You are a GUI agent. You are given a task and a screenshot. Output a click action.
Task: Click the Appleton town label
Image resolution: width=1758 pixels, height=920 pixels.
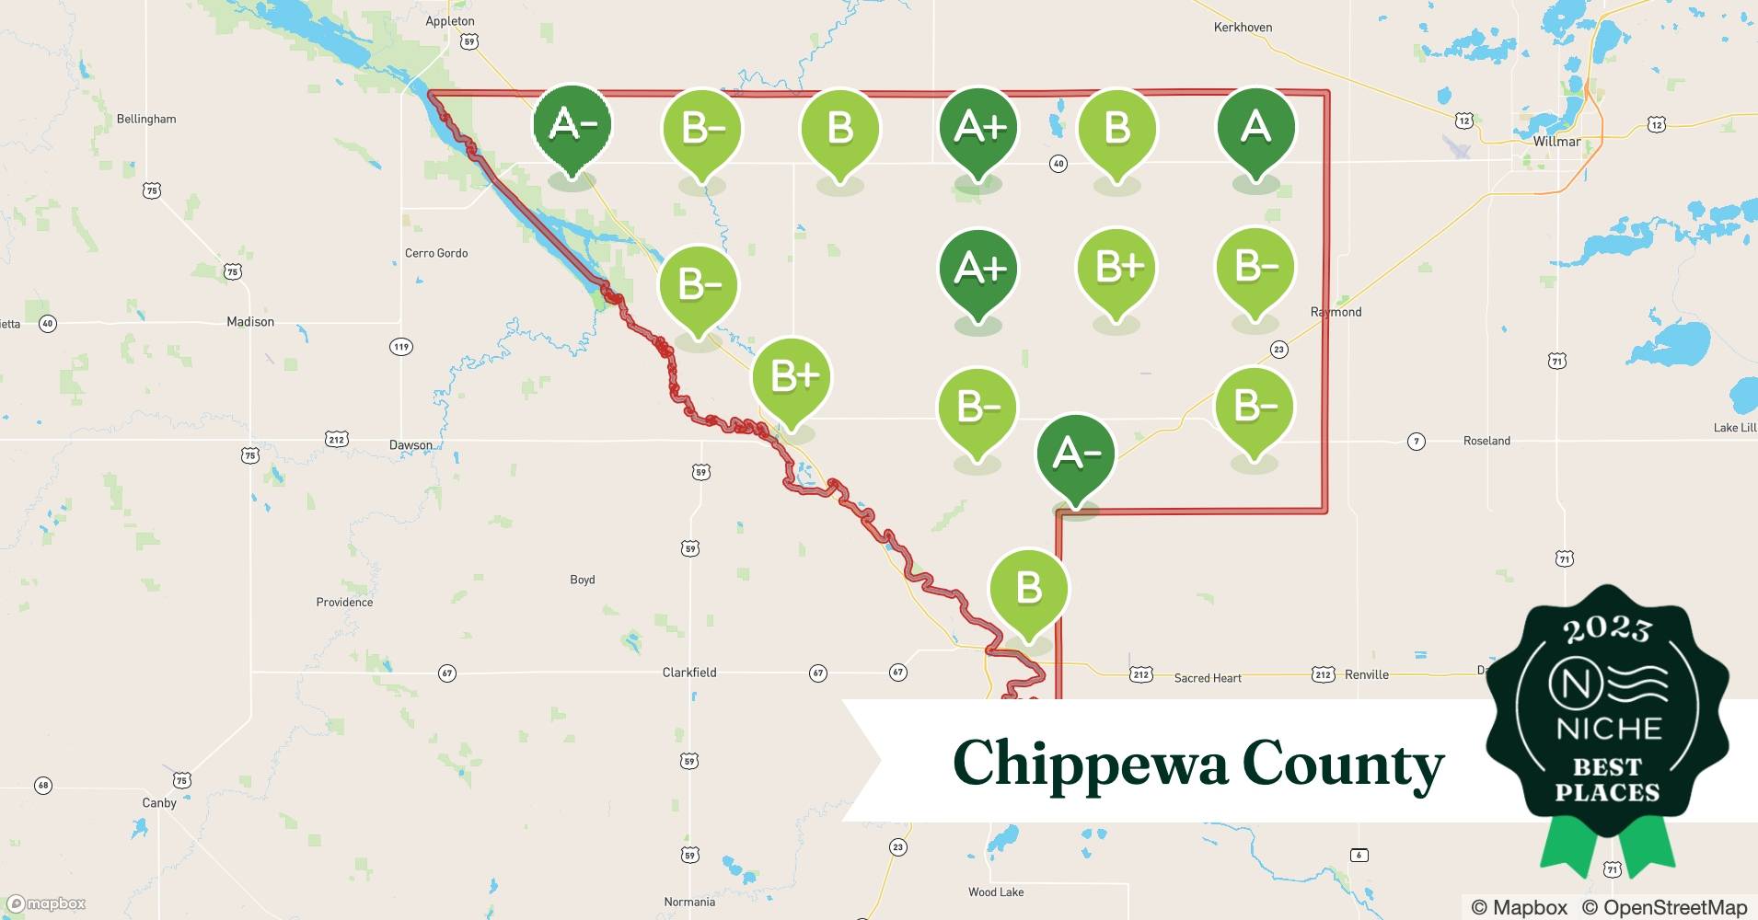click(x=450, y=21)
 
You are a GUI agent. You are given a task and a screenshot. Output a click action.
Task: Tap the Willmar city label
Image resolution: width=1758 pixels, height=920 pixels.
click(x=1556, y=142)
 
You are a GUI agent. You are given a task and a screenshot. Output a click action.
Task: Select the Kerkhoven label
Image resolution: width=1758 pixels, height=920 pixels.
click(x=1243, y=28)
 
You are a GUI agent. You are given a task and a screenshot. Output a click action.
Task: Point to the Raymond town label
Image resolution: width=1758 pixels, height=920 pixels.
click(x=1336, y=312)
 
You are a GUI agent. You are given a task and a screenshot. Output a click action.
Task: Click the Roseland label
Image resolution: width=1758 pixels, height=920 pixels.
click(x=1486, y=441)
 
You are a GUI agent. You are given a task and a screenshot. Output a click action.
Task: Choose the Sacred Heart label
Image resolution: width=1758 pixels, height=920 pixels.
click(x=1208, y=678)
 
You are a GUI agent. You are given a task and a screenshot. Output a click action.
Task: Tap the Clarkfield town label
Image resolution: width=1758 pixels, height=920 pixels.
click(x=689, y=673)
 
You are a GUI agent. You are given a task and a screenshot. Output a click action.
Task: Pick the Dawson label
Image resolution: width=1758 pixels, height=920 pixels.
click(x=411, y=445)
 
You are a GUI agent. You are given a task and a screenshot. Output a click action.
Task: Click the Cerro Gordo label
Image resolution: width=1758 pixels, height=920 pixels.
click(x=436, y=253)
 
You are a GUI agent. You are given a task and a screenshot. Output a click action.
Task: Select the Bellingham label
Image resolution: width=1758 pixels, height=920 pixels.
click(x=146, y=119)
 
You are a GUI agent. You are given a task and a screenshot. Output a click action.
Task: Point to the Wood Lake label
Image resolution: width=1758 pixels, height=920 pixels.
click(x=996, y=891)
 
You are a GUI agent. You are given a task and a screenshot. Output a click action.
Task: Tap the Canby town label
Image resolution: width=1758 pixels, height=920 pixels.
click(x=159, y=802)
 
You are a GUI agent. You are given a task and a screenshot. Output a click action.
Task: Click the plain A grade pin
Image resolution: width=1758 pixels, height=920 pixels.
click(x=1255, y=128)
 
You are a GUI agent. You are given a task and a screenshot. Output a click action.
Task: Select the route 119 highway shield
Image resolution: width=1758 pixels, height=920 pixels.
click(x=400, y=347)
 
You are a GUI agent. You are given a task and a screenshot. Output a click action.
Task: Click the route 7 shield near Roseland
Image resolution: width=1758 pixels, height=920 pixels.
click(x=1417, y=442)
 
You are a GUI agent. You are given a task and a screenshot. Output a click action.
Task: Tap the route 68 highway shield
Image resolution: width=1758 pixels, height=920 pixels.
click(x=43, y=786)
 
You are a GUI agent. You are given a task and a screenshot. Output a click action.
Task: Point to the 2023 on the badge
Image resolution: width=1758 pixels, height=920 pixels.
click(x=1607, y=629)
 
